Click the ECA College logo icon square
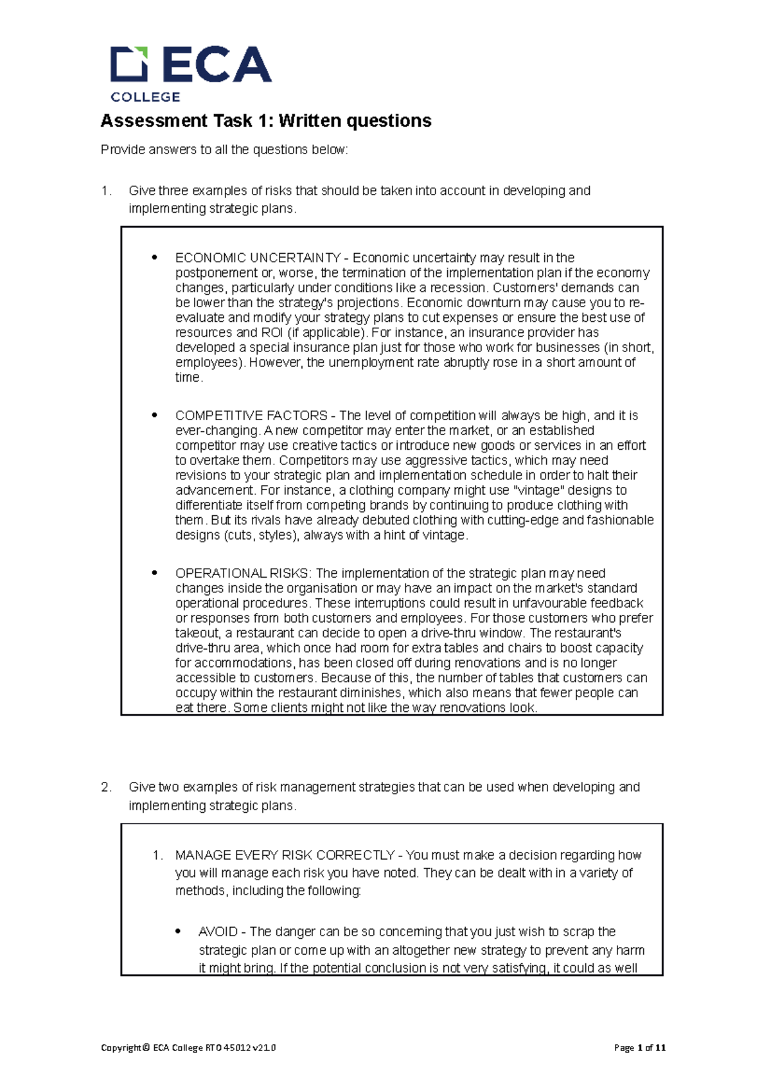pos(129,64)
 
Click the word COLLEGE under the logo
pos(145,97)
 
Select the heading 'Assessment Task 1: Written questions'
pos(266,121)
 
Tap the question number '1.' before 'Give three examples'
pos(107,191)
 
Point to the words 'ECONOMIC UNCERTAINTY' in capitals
pos(258,258)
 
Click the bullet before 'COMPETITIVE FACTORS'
pos(154,416)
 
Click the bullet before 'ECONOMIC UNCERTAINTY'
pos(154,258)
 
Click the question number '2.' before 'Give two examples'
pos(107,787)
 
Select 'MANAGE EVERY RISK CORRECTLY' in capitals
pos(285,855)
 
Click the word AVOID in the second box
pos(218,932)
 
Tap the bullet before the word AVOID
pos(179,932)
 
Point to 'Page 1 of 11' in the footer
pos(639,1047)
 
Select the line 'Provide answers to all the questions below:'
pos(224,150)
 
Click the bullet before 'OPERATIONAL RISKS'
pos(154,573)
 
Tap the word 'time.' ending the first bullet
pos(189,378)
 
